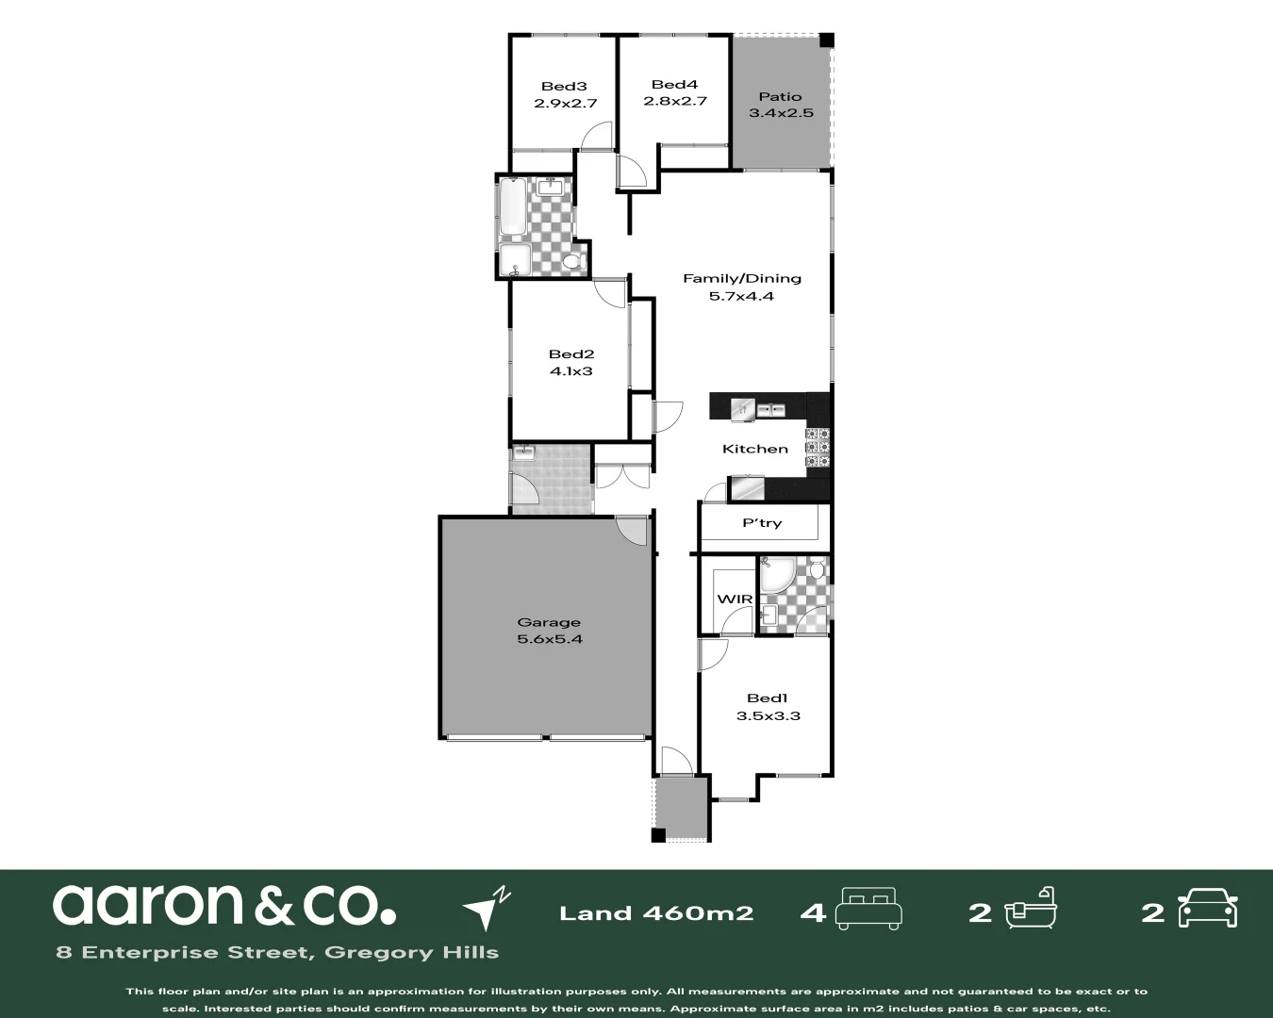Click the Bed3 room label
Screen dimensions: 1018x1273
(564, 86)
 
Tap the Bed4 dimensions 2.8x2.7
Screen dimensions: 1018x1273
(674, 101)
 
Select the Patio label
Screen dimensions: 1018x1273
(780, 96)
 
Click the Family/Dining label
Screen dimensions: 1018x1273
(741, 278)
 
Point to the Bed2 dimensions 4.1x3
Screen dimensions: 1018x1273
(570, 371)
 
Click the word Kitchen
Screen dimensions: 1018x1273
(754, 449)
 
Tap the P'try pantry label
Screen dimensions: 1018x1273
(762, 523)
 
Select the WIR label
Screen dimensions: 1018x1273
(735, 599)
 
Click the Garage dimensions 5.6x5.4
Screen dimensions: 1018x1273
(549, 639)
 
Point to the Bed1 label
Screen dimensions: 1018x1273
(767, 698)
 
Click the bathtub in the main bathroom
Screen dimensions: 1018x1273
(512, 206)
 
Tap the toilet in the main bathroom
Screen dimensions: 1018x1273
(570, 261)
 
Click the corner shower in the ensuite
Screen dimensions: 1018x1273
(776, 576)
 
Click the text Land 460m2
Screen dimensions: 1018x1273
(656, 912)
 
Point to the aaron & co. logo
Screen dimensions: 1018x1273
(223, 905)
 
